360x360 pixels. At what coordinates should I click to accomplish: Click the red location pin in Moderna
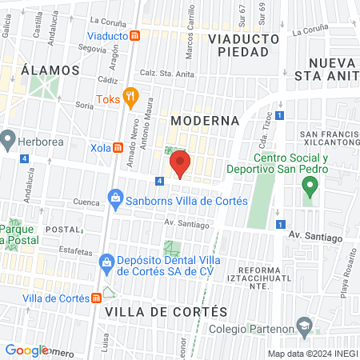coord(180,165)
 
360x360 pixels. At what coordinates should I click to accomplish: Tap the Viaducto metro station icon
coord(136,35)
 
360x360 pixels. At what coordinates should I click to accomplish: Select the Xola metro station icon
coord(118,147)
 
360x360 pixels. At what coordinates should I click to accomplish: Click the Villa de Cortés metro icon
coord(96,298)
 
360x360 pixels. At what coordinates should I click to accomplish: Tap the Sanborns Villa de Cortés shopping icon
coord(115,198)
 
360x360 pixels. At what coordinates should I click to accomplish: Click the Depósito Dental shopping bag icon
coord(106,262)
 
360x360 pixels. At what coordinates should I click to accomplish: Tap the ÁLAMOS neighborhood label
coord(51,70)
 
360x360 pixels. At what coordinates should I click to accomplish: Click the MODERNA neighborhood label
coord(205,120)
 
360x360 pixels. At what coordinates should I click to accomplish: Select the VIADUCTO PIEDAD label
coord(242,45)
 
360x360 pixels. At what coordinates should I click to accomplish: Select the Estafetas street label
coord(75,250)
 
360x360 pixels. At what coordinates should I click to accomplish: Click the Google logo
coord(26,350)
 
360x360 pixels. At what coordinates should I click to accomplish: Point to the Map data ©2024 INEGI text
coord(312,354)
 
